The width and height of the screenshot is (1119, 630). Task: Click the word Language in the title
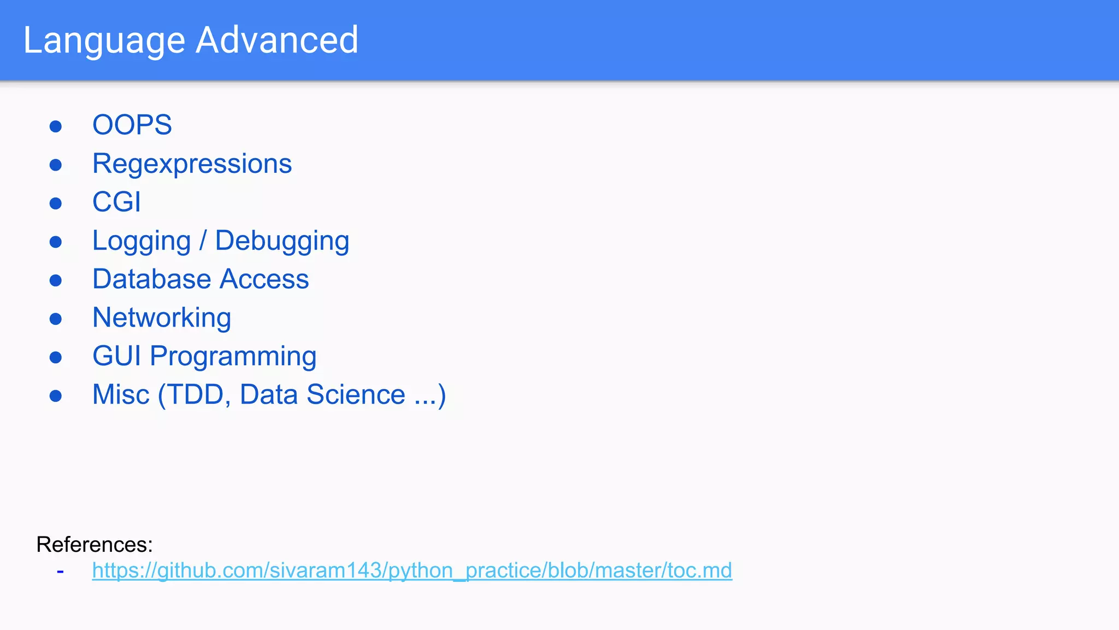[104, 40]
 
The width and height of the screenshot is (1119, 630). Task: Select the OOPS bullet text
[132, 125]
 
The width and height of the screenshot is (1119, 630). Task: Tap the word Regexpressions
[192, 164]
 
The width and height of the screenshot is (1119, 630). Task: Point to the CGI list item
[116, 202]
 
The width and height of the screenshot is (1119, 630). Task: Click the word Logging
[142, 241]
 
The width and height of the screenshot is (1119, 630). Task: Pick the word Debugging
[282, 241]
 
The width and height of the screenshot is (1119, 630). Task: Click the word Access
[264, 279]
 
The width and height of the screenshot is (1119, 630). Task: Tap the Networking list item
[162, 318]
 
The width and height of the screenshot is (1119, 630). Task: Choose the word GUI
[116, 357]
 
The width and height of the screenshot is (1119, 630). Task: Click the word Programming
[233, 357]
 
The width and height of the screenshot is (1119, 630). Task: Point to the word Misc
[121, 395]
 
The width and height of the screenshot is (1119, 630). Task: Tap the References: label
[95, 545]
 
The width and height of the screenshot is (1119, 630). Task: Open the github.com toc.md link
[412, 570]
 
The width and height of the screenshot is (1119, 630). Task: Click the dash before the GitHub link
[60, 571]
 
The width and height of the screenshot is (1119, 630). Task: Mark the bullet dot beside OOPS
[56, 126]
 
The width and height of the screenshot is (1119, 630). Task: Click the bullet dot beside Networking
[56, 319]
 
